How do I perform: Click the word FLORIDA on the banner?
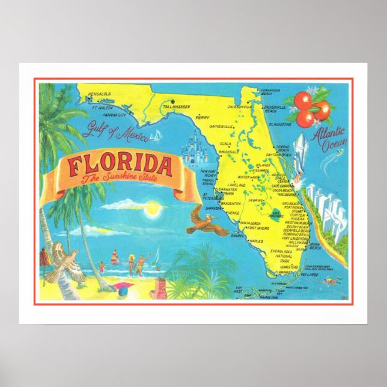(x=119, y=165)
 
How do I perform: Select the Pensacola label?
(x=99, y=94)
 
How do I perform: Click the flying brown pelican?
(x=205, y=219)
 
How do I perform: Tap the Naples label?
(x=257, y=241)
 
